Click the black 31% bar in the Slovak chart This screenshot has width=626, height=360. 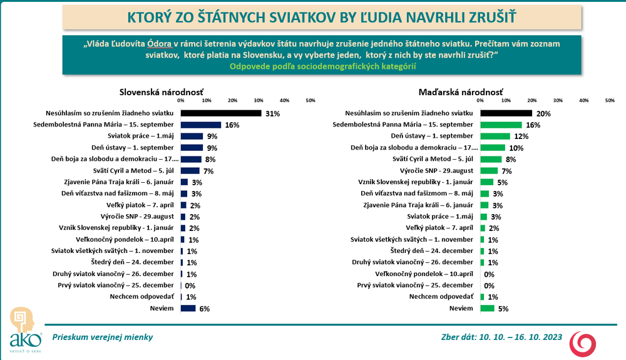(x=220, y=113)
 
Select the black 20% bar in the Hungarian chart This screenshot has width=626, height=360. (x=506, y=113)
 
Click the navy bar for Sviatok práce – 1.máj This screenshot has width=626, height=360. (x=192, y=136)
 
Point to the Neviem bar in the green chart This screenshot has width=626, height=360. (x=487, y=308)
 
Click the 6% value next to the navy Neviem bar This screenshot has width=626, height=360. (x=204, y=308)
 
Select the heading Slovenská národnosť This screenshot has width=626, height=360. (x=161, y=92)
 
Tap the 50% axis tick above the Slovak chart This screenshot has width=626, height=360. (x=309, y=100)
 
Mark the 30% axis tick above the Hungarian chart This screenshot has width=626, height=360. (x=558, y=100)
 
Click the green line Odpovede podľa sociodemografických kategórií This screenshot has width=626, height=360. (x=323, y=66)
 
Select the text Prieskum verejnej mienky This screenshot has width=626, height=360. (x=103, y=337)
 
